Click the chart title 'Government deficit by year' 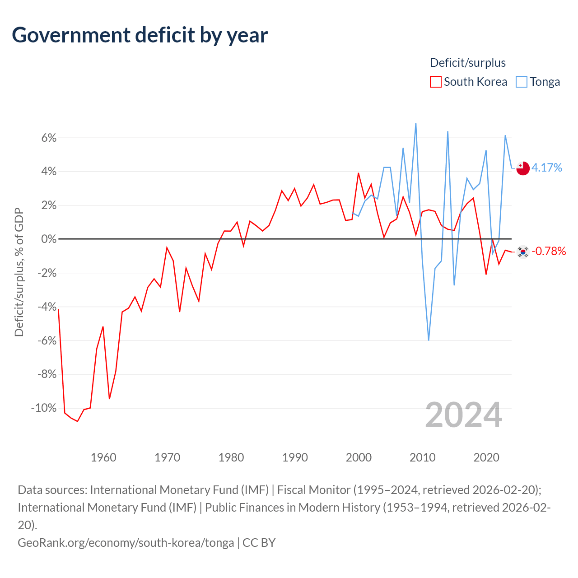(140, 35)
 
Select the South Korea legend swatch (435, 82)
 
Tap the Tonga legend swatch (521, 82)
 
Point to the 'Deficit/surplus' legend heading (468, 63)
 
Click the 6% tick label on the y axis (49, 138)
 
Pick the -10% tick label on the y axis (44, 408)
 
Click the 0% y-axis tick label (49, 239)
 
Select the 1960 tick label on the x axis (103, 457)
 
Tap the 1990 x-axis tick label (295, 457)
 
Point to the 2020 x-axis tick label (486, 457)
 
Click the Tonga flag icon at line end (523, 168)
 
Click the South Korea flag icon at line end (523, 252)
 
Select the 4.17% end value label (546, 168)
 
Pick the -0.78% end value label (549, 251)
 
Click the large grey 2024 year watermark (463, 415)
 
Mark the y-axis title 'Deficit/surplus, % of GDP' (19, 272)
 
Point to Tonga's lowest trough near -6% (429, 340)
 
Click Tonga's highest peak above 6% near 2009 (416, 124)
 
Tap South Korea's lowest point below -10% (77, 421)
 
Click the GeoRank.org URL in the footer (126, 543)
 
